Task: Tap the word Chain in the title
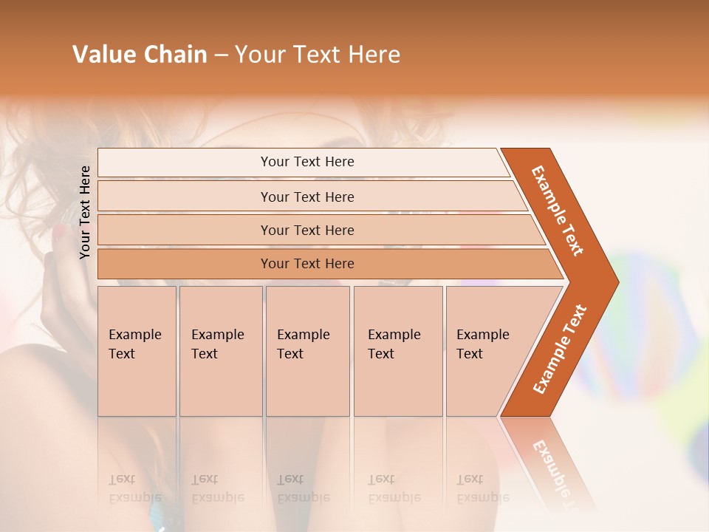(x=175, y=55)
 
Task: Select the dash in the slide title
(x=221, y=55)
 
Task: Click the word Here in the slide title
(x=374, y=55)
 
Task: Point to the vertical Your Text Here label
(x=85, y=212)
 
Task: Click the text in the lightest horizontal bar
(x=307, y=162)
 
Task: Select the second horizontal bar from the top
(x=307, y=197)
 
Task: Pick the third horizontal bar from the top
(x=307, y=230)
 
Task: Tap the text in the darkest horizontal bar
(x=307, y=264)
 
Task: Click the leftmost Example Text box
(x=137, y=350)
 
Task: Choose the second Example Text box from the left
(x=220, y=350)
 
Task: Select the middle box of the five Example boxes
(x=306, y=350)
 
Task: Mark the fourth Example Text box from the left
(x=397, y=350)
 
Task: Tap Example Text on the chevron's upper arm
(x=558, y=210)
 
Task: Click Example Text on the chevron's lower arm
(x=560, y=349)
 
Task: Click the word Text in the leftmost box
(x=122, y=354)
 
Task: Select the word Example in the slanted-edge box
(x=483, y=335)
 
